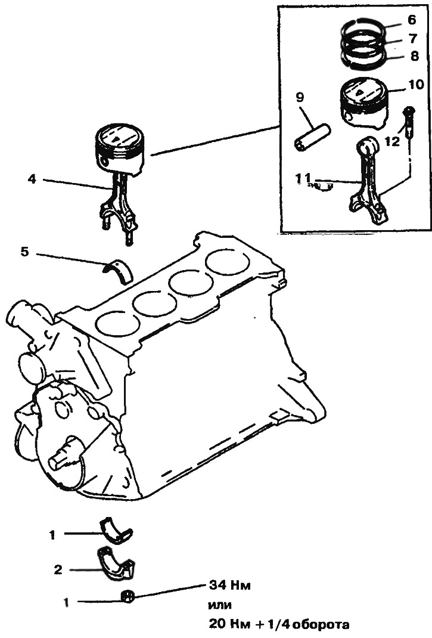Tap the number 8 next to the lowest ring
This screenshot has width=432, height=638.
(x=414, y=55)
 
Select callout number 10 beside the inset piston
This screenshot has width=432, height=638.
(x=415, y=84)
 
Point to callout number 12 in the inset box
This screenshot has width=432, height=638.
(x=392, y=141)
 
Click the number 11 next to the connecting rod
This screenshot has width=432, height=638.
(x=304, y=178)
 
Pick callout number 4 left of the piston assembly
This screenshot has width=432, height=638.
(x=32, y=179)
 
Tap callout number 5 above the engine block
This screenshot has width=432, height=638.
(x=25, y=252)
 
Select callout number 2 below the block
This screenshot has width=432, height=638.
(x=58, y=569)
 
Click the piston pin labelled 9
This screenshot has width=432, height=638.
(x=313, y=137)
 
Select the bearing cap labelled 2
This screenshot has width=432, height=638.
(x=117, y=562)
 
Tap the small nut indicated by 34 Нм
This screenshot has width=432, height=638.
(x=128, y=597)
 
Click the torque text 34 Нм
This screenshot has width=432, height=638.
(x=229, y=586)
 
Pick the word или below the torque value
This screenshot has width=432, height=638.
(x=220, y=605)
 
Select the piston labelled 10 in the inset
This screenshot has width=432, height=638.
(x=363, y=102)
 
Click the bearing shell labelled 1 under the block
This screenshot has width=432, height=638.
(x=116, y=529)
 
